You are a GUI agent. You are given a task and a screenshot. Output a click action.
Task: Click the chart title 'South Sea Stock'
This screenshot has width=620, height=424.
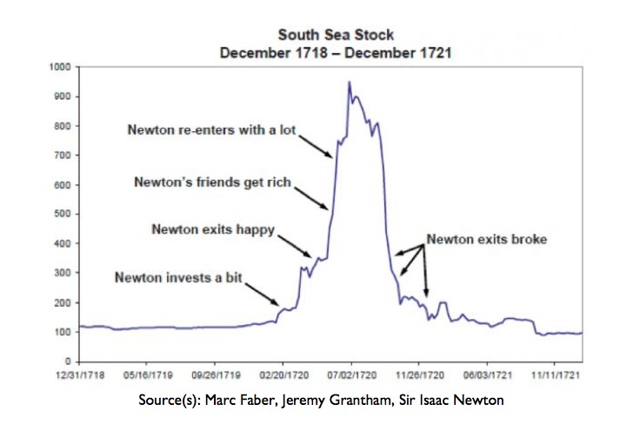tap(335, 35)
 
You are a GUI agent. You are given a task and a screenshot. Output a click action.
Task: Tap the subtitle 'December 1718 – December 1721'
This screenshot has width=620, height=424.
tap(336, 52)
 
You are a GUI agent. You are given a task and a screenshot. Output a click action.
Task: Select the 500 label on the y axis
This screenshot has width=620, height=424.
tap(63, 214)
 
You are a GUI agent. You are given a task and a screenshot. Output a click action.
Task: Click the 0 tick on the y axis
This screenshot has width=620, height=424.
tap(68, 361)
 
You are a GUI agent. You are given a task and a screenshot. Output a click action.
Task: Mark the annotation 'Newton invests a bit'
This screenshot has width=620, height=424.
tap(178, 278)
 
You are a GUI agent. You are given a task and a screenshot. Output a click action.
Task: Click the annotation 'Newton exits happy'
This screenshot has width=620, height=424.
tap(213, 230)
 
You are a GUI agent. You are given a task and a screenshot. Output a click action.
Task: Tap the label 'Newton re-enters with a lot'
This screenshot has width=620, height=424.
tap(212, 131)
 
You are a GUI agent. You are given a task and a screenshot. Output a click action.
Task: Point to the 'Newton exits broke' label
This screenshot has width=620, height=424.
tap(486, 239)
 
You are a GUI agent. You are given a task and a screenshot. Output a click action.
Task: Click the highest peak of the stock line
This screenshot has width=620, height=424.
tap(349, 83)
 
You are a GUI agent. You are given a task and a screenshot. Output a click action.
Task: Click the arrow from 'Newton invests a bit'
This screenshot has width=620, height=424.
tap(261, 291)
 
